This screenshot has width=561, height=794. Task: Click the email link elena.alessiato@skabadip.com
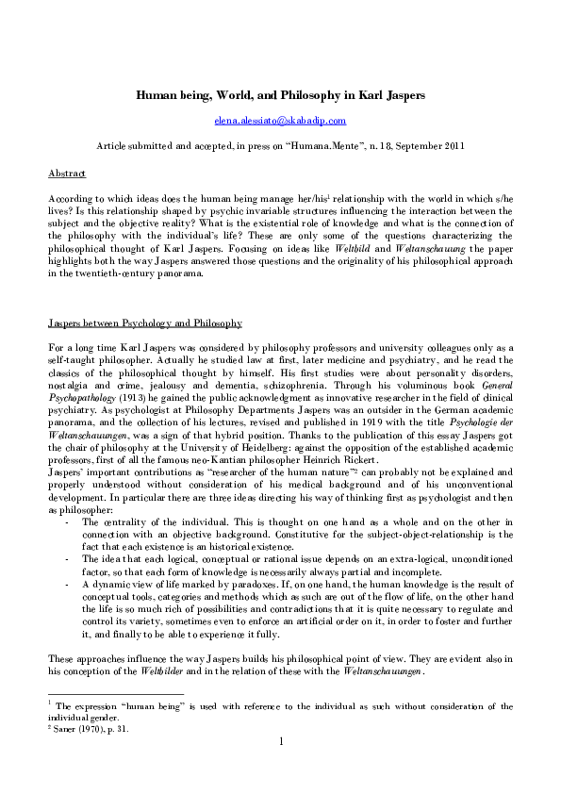(x=279, y=121)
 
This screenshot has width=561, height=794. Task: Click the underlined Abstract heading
(x=66, y=174)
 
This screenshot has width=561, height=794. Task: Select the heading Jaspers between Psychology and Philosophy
(x=145, y=323)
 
